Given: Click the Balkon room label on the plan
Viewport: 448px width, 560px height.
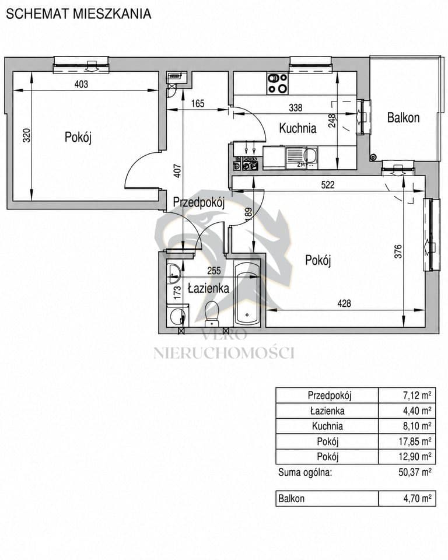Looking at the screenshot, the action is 403,117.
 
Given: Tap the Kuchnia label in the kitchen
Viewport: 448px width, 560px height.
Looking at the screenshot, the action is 297,128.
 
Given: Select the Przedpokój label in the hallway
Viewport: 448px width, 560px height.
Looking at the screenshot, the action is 199,202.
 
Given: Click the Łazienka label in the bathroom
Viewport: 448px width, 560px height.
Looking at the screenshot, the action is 208,288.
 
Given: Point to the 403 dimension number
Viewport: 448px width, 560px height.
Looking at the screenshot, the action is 81,84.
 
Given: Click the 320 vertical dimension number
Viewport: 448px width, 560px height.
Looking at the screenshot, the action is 27,135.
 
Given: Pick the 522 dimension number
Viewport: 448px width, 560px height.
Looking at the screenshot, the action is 328,184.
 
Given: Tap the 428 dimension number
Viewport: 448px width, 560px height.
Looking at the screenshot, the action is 344,303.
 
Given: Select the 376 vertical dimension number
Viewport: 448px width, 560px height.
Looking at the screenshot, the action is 398,251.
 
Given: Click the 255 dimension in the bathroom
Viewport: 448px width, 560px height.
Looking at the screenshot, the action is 214,271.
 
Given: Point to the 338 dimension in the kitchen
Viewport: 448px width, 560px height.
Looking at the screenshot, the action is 295,107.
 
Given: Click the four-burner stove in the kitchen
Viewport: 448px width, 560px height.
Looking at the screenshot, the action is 277,83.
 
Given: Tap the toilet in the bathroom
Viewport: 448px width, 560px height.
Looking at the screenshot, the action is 212,313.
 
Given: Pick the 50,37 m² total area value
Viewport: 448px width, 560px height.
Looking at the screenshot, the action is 415,472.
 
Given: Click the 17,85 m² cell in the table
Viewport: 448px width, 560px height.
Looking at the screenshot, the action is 415,442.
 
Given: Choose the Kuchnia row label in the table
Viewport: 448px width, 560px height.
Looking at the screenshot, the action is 327,426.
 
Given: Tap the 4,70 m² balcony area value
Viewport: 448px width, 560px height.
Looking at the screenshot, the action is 417,498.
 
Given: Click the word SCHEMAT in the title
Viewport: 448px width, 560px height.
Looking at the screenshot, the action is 38,14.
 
